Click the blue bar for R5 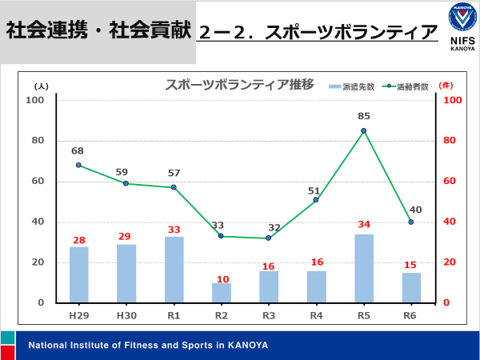tap(363, 269)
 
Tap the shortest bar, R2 tap(221, 293)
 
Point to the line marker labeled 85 tap(363, 131)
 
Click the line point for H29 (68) tap(78, 165)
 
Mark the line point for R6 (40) tap(411, 222)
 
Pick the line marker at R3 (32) tap(268, 238)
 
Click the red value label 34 tap(364, 224)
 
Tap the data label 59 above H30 tap(126, 171)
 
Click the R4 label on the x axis tap(316, 316)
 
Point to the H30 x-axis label tap(126, 316)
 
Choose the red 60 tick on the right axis tap(451, 182)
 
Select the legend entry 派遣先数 tap(349, 86)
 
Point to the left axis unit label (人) tap(42, 86)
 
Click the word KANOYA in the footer tap(246, 346)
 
